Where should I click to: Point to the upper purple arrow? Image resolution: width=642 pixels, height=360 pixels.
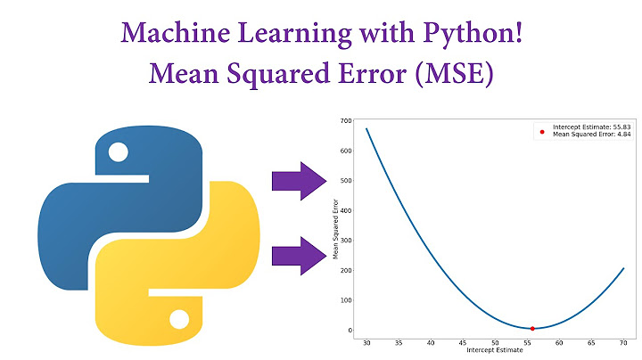click(300, 182)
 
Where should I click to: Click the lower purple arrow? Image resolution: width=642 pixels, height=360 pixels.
click(300, 256)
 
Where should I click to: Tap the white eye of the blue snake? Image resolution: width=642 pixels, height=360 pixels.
click(118, 152)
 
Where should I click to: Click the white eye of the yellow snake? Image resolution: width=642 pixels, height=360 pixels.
click(179, 318)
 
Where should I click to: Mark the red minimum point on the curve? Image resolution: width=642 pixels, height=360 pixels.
click(532, 329)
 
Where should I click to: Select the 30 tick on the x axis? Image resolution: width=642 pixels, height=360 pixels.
click(366, 342)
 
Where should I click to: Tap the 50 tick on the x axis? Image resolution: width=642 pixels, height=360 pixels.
click(495, 342)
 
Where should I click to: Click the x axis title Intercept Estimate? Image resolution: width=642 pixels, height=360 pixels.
click(495, 350)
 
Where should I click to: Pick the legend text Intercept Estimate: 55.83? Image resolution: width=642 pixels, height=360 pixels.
click(592, 127)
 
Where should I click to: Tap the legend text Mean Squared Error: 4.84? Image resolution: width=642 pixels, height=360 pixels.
click(592, 135)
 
